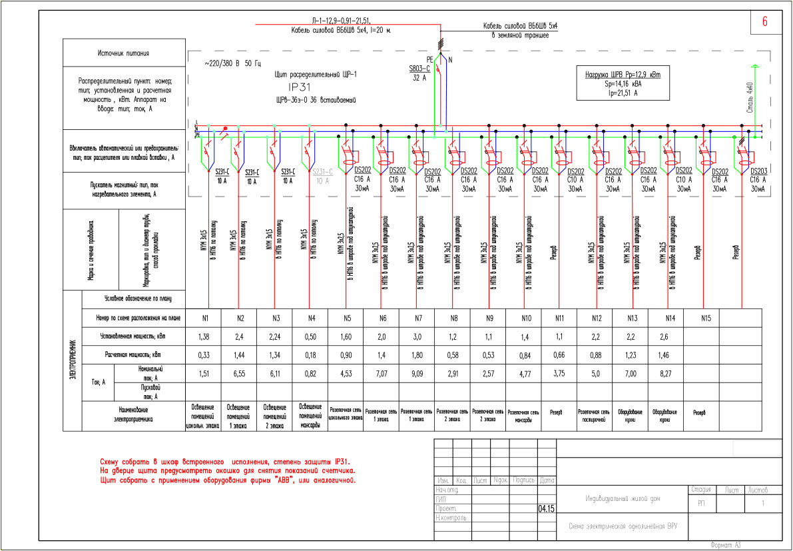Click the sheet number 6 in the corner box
click(764, 21)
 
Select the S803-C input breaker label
click(419, 69)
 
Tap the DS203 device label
click(758, 171)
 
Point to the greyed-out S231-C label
click(322, 171)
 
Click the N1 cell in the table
click(206, 318)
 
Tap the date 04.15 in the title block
click(545, 508)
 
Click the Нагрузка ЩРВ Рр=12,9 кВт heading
click(622, 74)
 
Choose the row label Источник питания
click(124, 53)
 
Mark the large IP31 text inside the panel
click(300, 87)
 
